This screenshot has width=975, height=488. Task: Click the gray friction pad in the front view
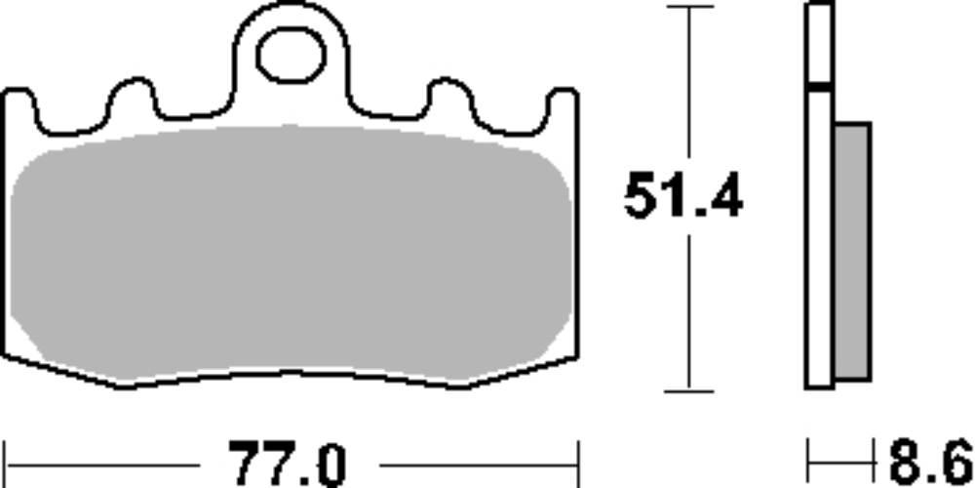[292, 254]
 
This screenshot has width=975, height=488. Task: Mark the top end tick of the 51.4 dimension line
[689, 8]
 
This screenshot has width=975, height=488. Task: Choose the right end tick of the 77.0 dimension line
[578, 458]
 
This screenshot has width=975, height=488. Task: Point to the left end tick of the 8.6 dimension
[809, 457]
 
